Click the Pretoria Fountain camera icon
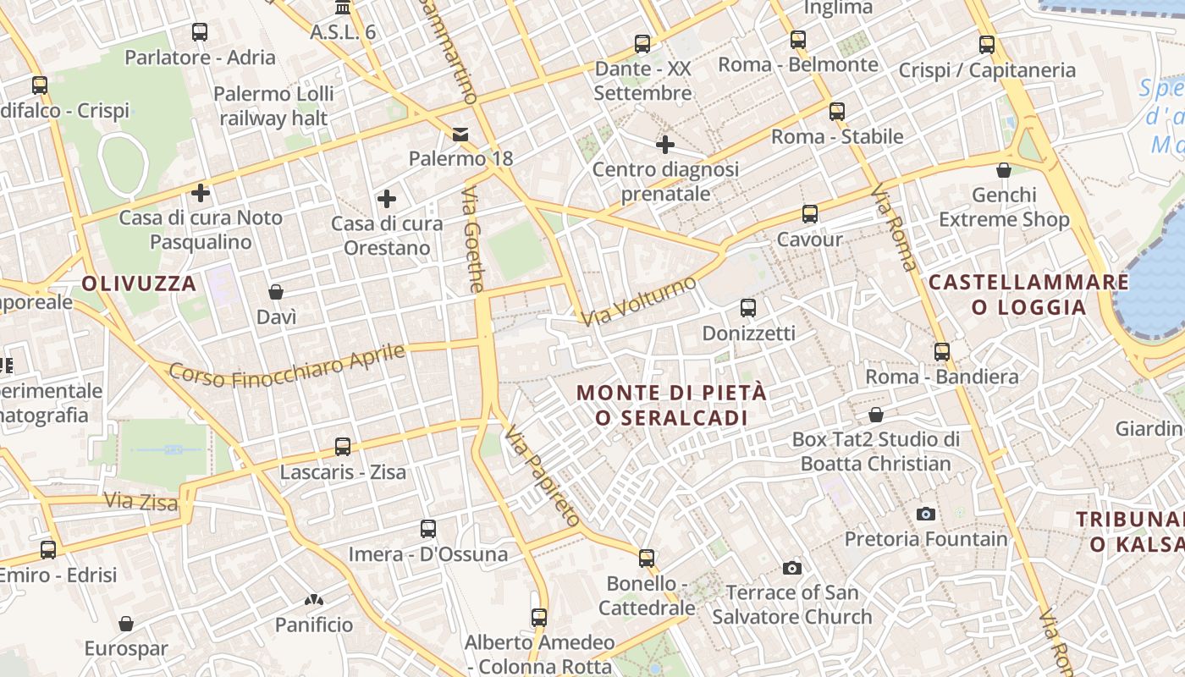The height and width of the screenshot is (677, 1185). (926, 514)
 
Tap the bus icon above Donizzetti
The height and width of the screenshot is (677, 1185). (748, 307)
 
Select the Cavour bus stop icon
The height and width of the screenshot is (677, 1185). (810, 213)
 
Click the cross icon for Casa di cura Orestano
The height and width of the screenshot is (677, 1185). (387, 199)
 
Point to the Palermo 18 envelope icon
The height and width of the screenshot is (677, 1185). (460, 134)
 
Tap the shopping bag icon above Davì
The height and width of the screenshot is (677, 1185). (276, 292)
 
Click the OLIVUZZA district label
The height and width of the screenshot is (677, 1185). (140, 283)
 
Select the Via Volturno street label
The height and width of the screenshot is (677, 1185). (639, 300)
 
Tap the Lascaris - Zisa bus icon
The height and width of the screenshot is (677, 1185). (343, 446)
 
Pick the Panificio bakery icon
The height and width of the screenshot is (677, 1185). (314, 600)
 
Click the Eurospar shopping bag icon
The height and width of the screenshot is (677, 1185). (126, 624)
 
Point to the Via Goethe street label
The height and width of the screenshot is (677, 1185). (473, 241)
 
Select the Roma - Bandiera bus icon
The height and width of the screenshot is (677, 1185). (942, 351)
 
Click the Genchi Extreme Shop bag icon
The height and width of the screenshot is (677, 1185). (1004, 170)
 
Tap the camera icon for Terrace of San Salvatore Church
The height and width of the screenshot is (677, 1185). (792, 567)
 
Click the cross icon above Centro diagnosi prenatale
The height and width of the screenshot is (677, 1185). (665, 145)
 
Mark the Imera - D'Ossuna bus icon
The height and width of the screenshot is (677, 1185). (428, 529)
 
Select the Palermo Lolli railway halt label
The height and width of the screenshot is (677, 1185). (273, 106)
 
